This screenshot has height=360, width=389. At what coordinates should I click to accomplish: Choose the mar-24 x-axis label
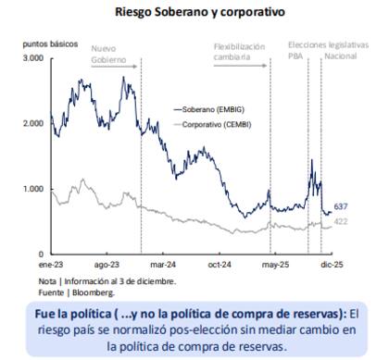coord(163,262)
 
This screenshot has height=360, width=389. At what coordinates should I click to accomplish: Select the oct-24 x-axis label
coord(219,262)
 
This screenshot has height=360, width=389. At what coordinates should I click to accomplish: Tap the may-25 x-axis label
coord(272,262)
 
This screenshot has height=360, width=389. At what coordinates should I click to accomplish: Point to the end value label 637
coord(341,206)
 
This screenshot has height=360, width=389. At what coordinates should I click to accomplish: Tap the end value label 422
coord(341,221)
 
